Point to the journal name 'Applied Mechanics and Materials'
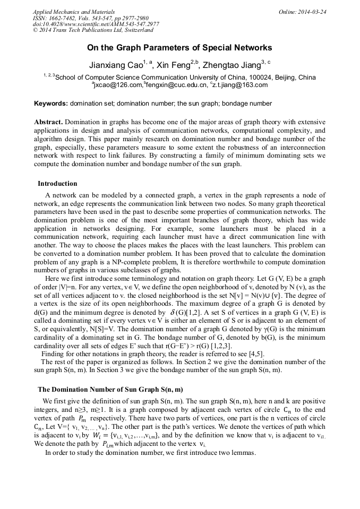coord(74,12)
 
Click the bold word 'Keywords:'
coord(50,103)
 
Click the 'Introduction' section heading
coord(57,184)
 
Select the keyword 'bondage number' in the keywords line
coord(250,103)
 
